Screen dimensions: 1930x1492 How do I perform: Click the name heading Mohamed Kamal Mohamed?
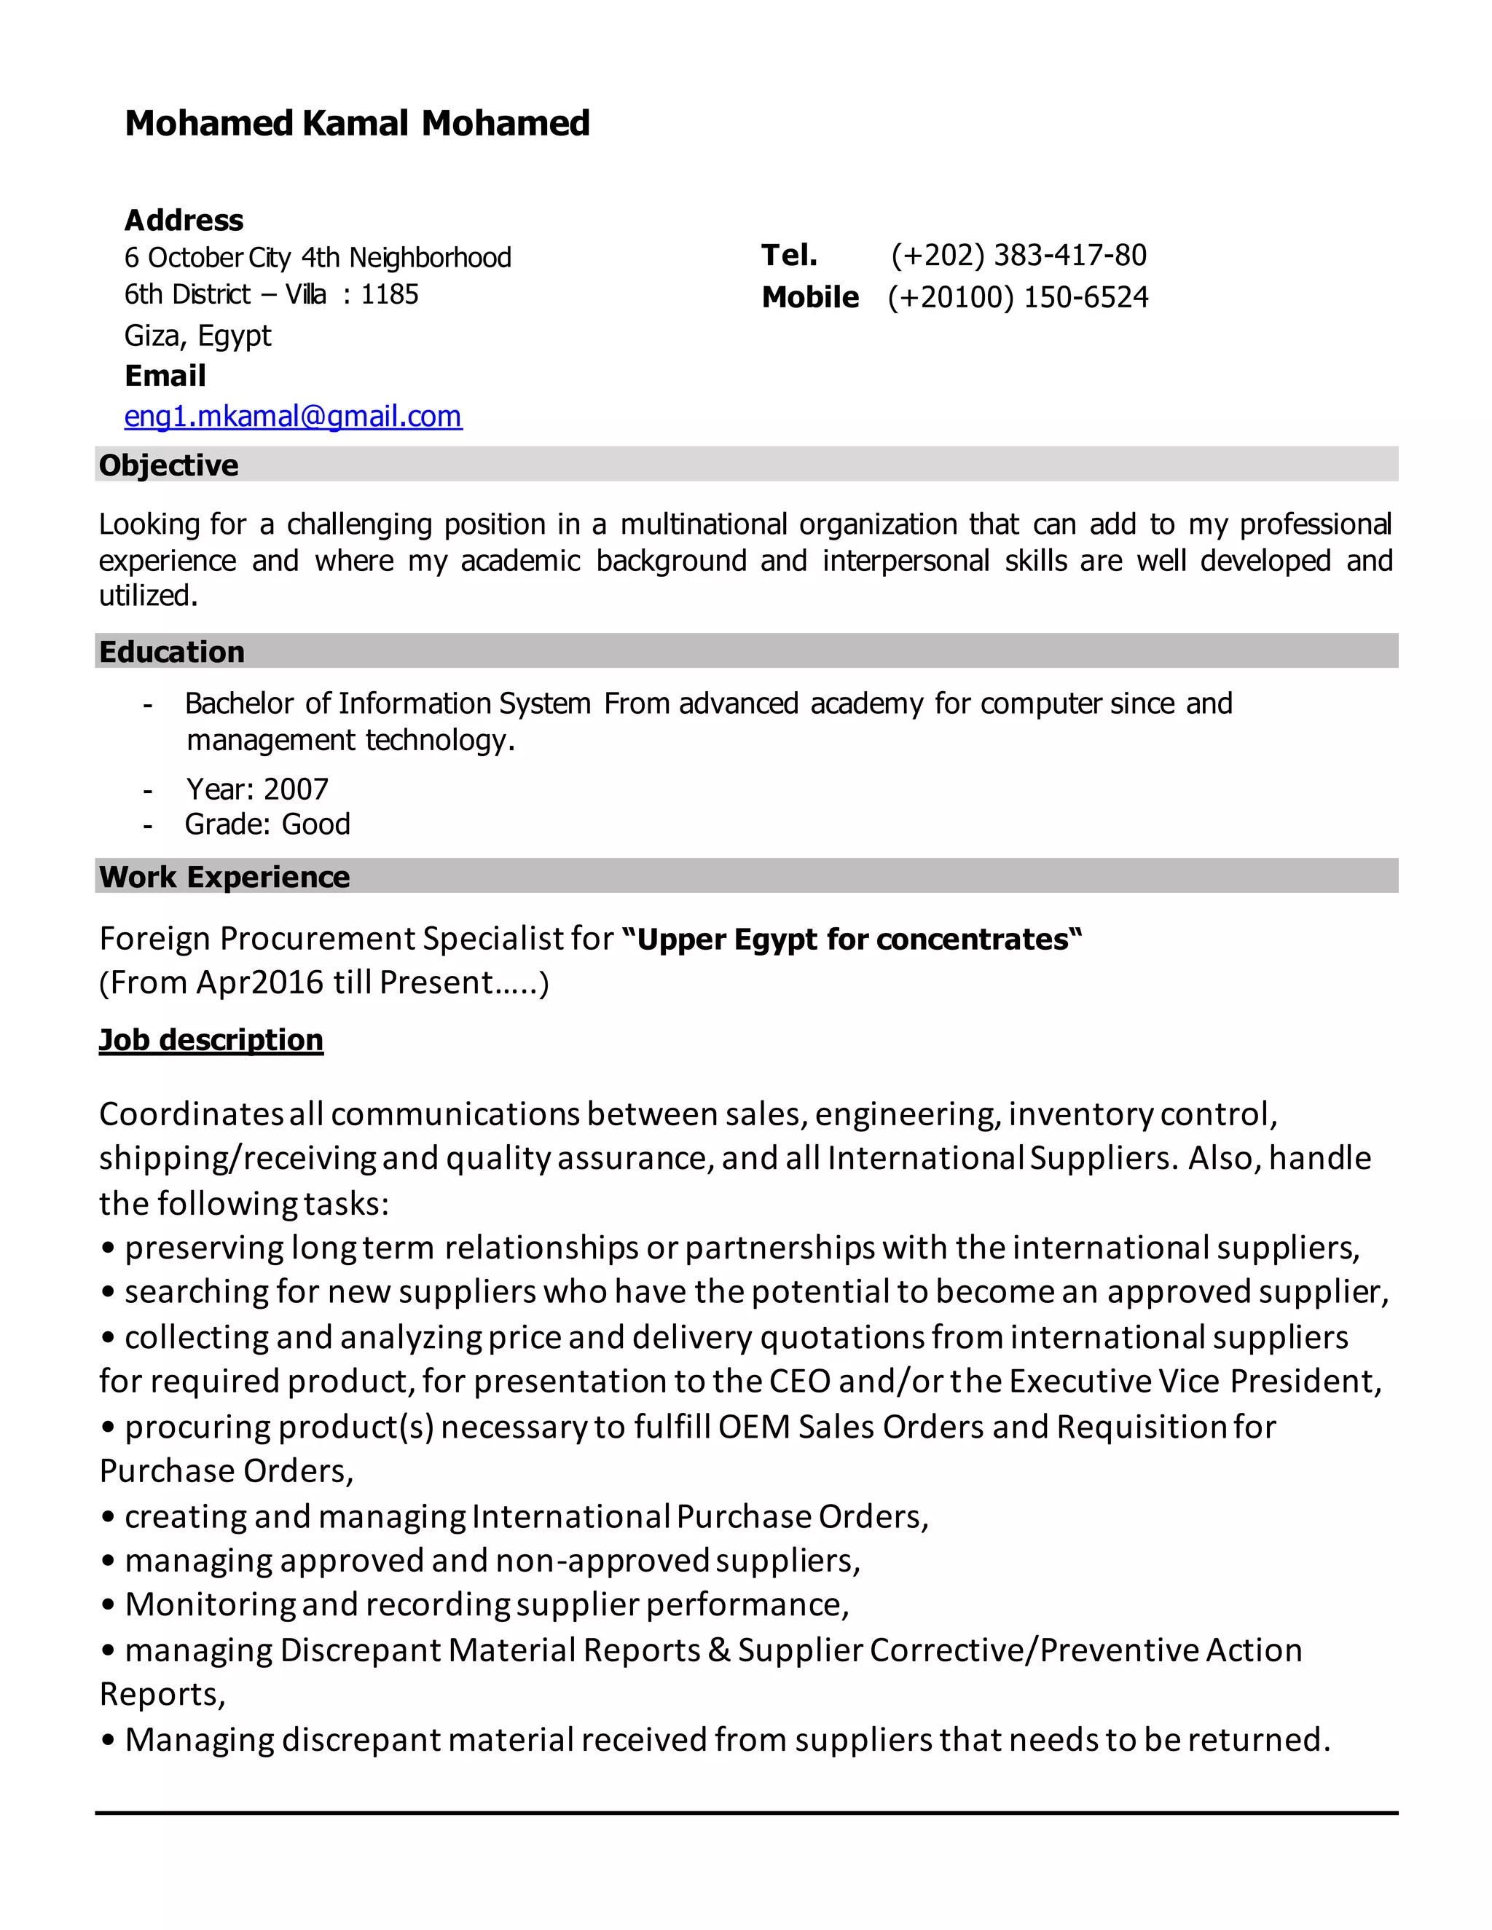[357, 123]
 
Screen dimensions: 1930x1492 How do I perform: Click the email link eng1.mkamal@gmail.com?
[293, 416]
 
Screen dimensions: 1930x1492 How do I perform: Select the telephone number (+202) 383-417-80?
[1018, 256]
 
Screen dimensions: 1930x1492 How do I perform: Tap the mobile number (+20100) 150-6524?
[1018, 297]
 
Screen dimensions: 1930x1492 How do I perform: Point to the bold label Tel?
[788, 256]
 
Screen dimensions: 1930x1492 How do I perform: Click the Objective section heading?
[168, 465]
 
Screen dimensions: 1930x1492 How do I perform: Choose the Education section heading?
[171, 651]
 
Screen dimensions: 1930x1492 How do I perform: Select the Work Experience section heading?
[224, 877]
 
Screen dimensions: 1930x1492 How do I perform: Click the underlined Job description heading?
[211, 1039]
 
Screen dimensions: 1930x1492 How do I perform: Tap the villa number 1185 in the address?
[389, 294]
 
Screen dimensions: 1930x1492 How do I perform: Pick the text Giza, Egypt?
[198, 336]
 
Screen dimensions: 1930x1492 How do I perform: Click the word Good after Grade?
[315, 824]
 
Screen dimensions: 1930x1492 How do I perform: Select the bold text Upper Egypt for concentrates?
[852, 939]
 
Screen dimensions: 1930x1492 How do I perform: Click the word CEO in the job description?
[800, 1381]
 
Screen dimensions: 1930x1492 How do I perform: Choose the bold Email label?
[165, 376]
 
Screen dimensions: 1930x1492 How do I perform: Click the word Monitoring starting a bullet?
[210, 1604]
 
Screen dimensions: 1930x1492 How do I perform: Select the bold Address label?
[184, 220]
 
